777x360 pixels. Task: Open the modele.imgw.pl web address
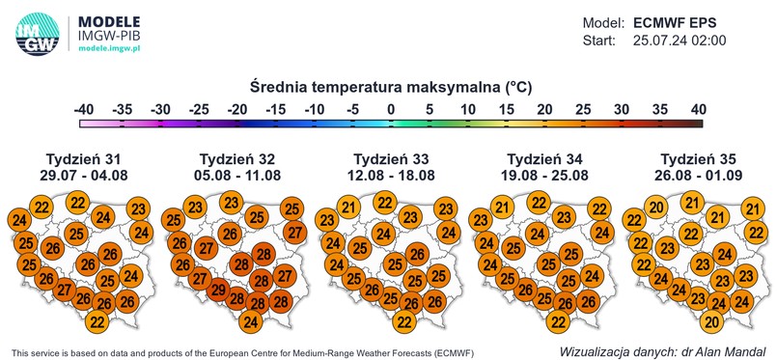[111, 47]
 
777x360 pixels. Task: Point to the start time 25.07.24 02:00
[679, 41]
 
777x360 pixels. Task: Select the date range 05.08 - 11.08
[236, 176]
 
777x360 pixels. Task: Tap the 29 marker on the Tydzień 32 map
[219, 290]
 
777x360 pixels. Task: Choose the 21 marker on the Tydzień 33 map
[349, 208]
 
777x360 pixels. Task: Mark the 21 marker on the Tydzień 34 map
[502, 208]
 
